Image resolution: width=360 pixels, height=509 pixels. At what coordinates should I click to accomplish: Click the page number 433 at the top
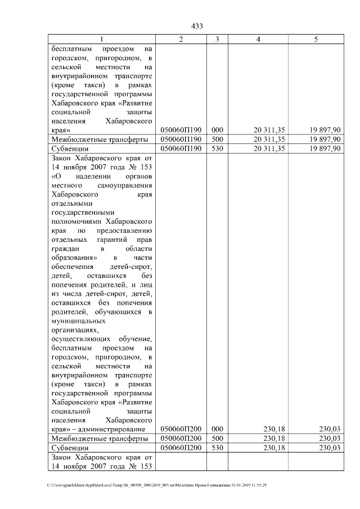[x=197, y=26]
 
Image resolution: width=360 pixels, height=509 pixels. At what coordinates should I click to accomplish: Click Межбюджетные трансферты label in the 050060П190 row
[x=100, y=139]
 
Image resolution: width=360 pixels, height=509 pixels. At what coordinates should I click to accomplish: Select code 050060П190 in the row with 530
[x=181, y=148]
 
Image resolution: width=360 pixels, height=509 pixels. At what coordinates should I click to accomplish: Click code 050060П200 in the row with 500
[x=181, y=438]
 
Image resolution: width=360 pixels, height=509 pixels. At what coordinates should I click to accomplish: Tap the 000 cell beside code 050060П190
[x=217, y=130]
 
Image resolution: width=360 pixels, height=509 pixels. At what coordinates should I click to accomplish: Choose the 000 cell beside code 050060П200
[x=217, y=429]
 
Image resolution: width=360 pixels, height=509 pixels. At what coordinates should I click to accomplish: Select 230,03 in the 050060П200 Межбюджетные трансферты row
[x=330, y=438]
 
